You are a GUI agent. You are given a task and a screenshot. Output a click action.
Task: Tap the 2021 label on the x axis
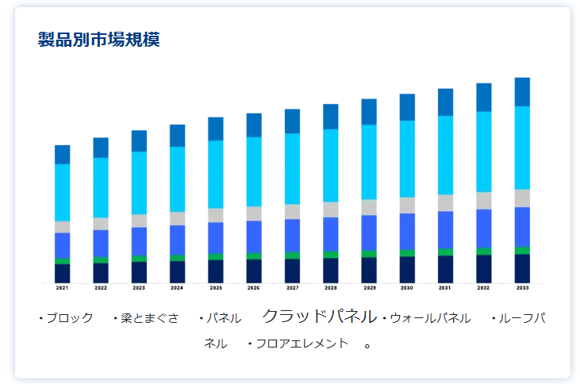62,288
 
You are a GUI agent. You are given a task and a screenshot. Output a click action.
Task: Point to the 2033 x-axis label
522,288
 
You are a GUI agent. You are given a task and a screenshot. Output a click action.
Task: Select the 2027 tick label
292,288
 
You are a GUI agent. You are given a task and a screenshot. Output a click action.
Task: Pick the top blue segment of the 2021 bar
62,155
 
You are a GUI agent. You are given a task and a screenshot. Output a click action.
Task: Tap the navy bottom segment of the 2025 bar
216,271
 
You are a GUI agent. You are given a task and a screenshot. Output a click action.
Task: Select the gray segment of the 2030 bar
407,205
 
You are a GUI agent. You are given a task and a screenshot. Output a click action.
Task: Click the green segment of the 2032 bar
484,252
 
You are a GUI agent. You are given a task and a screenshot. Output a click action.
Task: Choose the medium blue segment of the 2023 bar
139,241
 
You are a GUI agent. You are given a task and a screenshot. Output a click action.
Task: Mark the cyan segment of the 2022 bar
101,187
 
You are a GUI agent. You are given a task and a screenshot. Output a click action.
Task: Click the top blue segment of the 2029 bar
369,112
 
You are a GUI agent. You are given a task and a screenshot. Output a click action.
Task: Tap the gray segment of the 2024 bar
177,218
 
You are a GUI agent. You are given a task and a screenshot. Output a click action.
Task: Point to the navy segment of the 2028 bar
331,271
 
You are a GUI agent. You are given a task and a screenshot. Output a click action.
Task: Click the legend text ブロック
69,318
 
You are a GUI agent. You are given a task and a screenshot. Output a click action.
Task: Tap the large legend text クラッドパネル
319,317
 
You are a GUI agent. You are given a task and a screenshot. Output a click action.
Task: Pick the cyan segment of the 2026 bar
254,171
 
